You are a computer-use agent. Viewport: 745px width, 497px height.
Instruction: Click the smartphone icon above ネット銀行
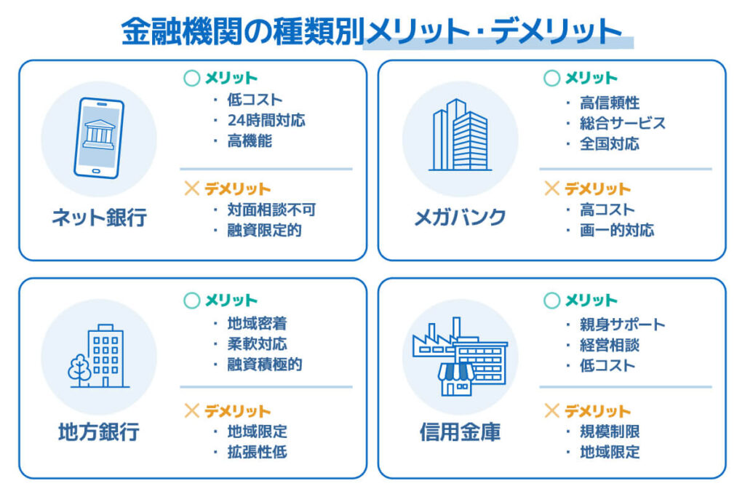(99, 138)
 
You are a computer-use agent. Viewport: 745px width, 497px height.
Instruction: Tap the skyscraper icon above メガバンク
(460, 136)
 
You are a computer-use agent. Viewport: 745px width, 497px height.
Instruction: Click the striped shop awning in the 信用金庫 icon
(456, 373)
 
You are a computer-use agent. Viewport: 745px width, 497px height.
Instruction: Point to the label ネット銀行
(99, 217)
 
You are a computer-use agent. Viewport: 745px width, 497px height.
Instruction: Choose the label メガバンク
(460, 217)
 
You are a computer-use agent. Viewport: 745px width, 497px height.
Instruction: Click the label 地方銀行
(99, 432)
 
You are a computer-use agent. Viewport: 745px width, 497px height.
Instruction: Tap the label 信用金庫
(460, 432)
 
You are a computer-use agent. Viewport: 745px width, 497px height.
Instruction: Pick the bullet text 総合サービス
(622, 123)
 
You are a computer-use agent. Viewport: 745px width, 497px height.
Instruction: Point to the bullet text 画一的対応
(616, 231)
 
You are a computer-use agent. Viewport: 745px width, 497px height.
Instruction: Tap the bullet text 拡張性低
(257, 452)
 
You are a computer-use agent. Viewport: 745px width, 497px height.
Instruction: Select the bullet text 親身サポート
(622, 325)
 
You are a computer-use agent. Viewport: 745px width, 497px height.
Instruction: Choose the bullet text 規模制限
(610, 432)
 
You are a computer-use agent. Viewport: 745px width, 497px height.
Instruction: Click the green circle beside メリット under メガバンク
(552, 79)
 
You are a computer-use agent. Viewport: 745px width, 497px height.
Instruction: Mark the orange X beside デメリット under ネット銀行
(192, 189)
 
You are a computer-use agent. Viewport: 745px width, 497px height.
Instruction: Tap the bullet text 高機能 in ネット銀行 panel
(250, 141)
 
